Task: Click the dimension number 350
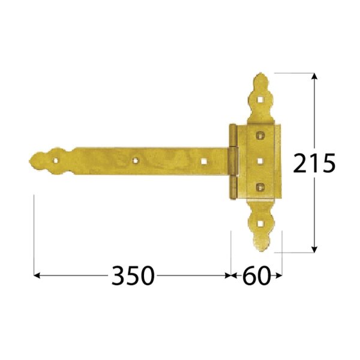(x=133, y=276)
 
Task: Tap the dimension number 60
(x=256, y=276)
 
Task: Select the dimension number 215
(x=314, y=163)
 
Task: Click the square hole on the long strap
(x=203, y=161)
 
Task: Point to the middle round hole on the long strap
(x=136, y=161)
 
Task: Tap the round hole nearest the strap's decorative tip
(x=56, y=160)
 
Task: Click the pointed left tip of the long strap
(x=30, y=160)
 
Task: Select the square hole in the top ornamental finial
(x=260, y=100)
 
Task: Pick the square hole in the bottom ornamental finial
(x=260, y=223)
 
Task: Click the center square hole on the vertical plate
(x=260, y=161)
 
